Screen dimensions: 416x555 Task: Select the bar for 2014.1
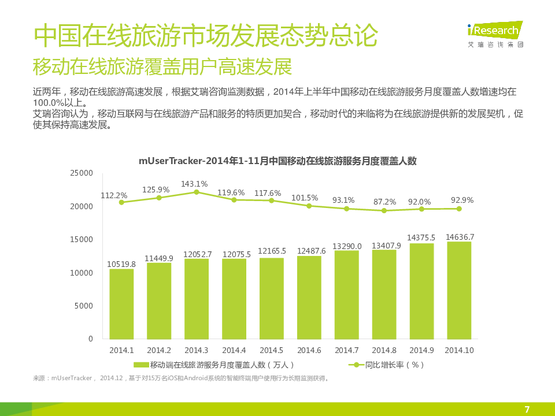tap(121, 304)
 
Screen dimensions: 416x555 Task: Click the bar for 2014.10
tap(459, 290)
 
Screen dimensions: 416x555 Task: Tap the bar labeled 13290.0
tap(347, 295)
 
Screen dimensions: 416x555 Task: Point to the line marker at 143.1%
tap(197, 192)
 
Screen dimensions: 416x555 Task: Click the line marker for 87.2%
tap(384, 210)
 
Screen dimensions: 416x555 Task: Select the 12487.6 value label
tap(309, 251)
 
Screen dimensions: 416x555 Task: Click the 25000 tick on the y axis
tap(82, 173)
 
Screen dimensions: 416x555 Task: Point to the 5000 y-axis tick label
tap(84, 306)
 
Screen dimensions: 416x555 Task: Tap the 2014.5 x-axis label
tap(272, 350)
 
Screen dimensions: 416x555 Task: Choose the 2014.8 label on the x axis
tap(384, 350)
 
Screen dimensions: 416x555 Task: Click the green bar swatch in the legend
tap(141, 365)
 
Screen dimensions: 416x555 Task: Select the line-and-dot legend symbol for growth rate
tap(356, 365)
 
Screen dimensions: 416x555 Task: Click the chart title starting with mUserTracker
tap(277, 161)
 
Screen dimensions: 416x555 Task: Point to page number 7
tap(527, 410)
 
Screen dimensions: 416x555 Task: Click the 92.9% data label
tap(462, 200)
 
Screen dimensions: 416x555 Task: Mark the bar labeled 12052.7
tap(197, 299)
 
